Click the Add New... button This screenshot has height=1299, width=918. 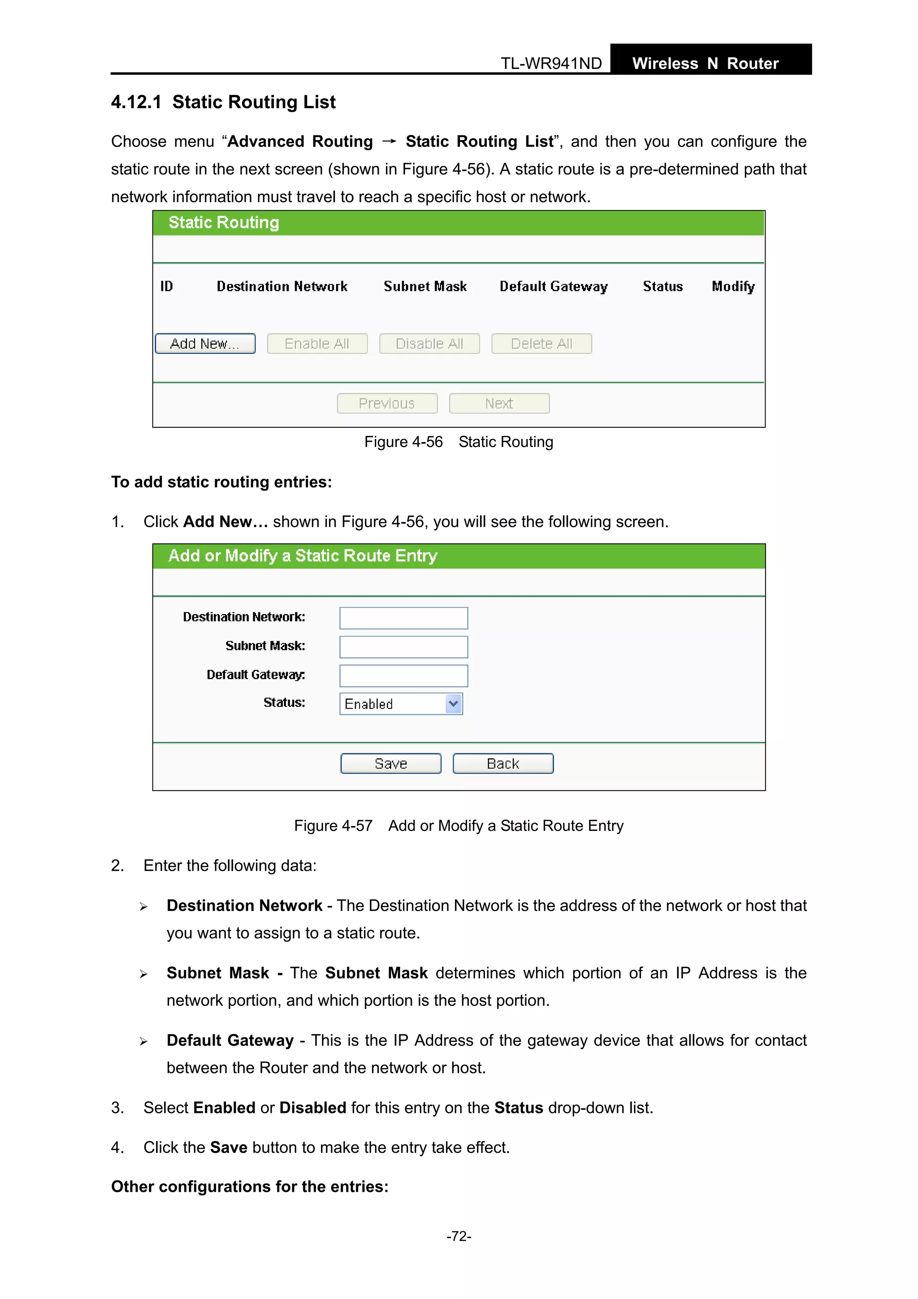[205, 343]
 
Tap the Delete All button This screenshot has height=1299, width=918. [541, 343]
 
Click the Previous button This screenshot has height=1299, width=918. [387, 404]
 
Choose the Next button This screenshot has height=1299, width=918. [499, 404]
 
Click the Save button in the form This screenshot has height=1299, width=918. [390, 763]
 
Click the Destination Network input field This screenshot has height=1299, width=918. [403, 618]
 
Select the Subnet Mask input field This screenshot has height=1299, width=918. [403, 647]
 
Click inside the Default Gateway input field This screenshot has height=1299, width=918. [403, 676]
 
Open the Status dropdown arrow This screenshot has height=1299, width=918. [453, 704]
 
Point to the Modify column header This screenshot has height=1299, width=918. [733, 286]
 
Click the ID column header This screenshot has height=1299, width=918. [166, 286]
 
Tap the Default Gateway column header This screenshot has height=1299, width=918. [553, 286]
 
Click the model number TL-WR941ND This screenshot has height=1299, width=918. [551, 63]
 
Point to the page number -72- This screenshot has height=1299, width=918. [459, 1236]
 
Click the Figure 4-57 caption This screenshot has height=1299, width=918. [458, 825]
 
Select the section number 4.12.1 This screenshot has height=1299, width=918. [136, 102]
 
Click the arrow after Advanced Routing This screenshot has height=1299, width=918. [389, 141]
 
